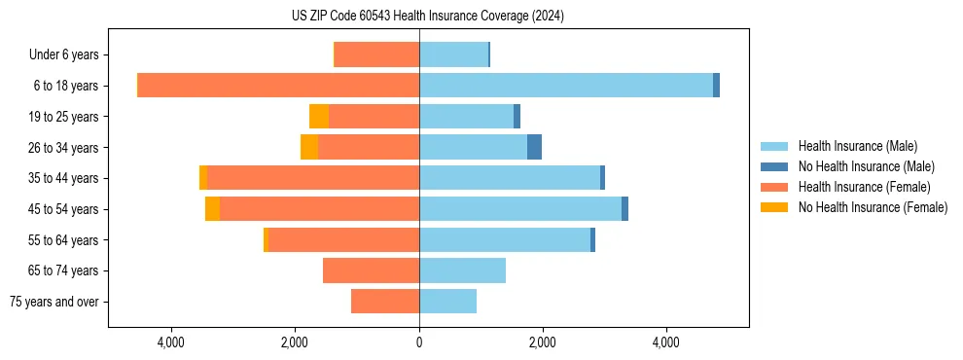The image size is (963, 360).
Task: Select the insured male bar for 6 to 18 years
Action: [566, 86]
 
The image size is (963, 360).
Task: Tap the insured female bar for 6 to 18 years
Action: [278, 86]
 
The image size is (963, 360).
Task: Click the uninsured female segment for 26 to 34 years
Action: [309, 147]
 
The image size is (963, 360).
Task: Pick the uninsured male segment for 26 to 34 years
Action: [534, 147]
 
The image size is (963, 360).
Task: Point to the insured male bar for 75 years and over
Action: [447, 302]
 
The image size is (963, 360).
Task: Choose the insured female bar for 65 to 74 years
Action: [371, 270]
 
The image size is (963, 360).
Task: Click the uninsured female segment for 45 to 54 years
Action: [212, 209]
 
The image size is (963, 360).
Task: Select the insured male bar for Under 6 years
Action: [453, 54]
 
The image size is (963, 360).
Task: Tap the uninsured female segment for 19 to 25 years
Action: [319, 117]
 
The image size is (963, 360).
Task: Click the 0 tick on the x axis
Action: [419, 342]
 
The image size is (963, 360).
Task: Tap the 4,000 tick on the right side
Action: [666, 342]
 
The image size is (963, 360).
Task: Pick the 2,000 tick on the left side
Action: [295, 342]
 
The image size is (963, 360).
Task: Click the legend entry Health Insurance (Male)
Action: [857, 146]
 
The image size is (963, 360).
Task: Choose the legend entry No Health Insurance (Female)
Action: [873, 207]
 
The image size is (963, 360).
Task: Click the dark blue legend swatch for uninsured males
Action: [774, 166]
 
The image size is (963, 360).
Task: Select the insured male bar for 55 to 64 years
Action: [505, 240]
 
